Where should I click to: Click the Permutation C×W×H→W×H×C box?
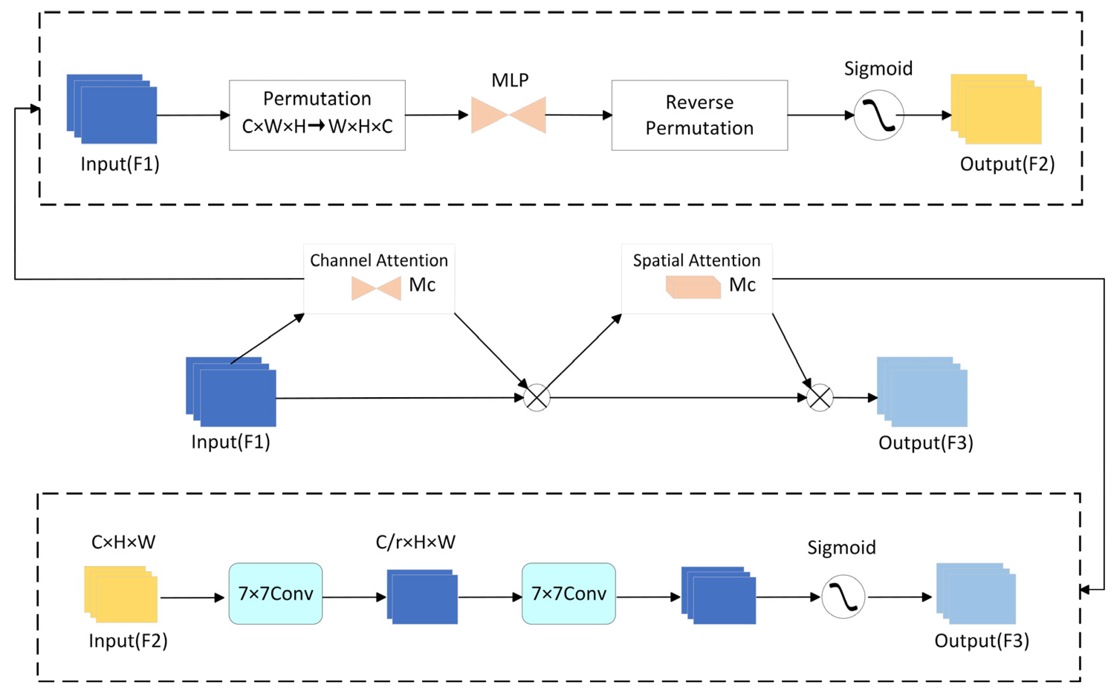tap(317, 115)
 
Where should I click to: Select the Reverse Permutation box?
tap(700, 115)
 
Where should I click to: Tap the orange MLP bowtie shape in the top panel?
tap(509, 115)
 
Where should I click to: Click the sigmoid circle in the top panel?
tap(879, 115)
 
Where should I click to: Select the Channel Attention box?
tap(379, 279)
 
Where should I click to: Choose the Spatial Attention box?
tap(697, 279)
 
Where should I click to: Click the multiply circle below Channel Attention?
tap(537, 398)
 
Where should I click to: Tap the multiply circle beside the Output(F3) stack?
tap(820, 398)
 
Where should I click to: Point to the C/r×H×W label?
tap(415, 542)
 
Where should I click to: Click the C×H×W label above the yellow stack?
tap(123, 542)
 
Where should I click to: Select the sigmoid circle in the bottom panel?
tap(843, 597)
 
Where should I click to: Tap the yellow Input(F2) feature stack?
tap(121, 594)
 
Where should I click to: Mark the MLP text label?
tap(510, 81)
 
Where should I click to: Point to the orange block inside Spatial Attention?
tap(693, 287)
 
